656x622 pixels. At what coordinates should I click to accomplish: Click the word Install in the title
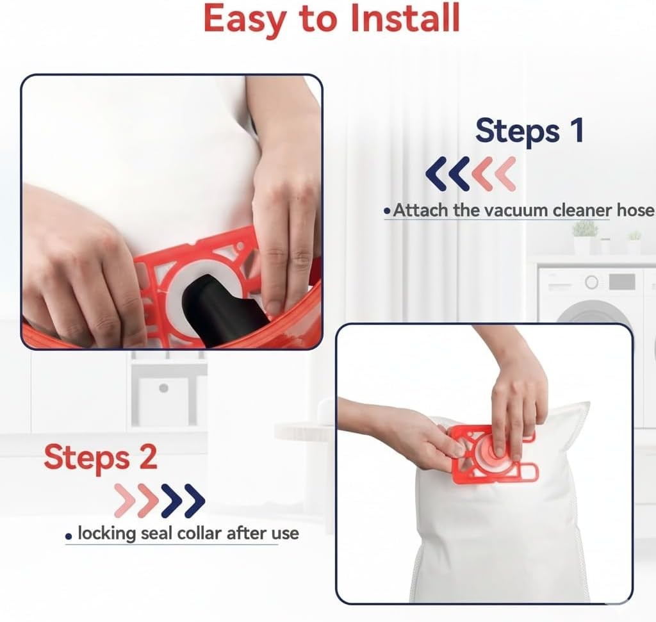pos(405,19)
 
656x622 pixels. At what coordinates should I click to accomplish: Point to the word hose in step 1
pos(635,209)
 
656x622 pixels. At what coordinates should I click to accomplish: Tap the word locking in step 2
pos(107,534)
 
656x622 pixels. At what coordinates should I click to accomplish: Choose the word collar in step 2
pos(199,534)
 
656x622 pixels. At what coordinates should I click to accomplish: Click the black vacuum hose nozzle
pos(224,309)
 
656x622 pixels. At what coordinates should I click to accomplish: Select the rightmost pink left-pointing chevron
pos(505,174)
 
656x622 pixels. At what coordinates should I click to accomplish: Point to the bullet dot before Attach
pos(387,211)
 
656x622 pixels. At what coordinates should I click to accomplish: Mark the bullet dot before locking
pos(69,536)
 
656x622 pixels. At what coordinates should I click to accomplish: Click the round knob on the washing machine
pos(591,282)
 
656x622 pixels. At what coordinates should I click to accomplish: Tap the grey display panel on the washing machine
pos(622,281)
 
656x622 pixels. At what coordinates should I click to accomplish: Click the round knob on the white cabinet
pos(163,388)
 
